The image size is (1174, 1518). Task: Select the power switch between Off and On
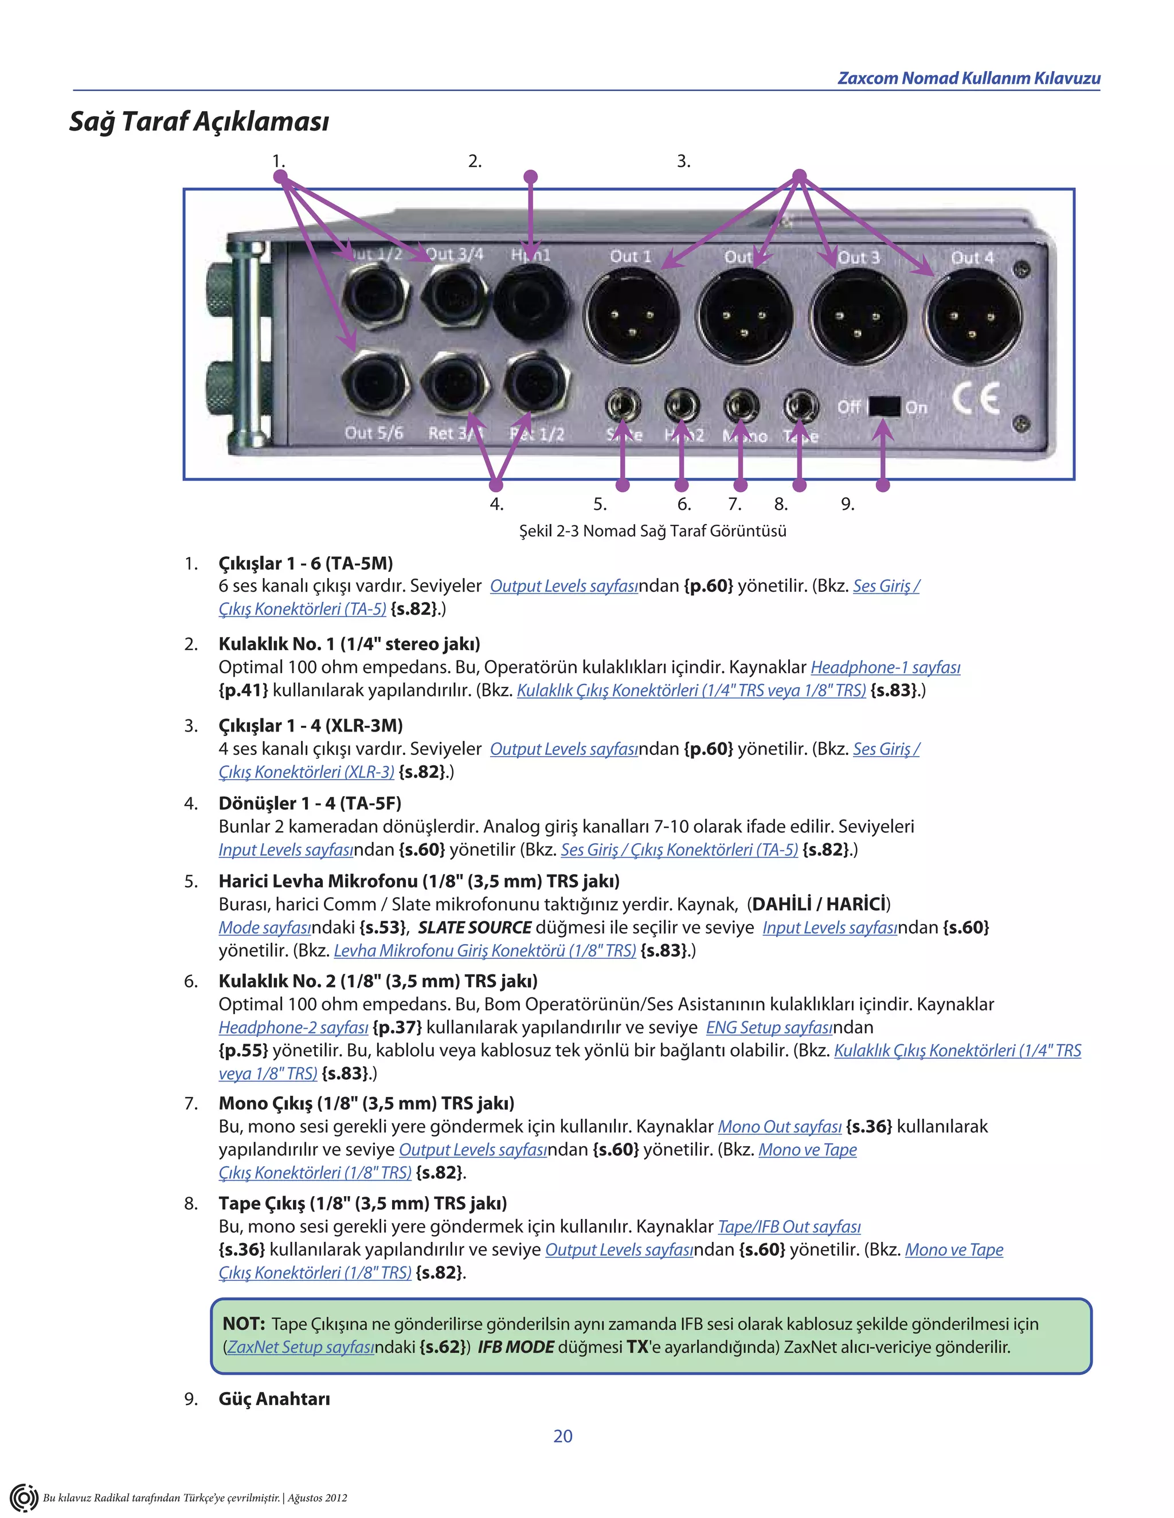click(x=884, y=407)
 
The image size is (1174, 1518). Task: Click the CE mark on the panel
click(x=976, y=398)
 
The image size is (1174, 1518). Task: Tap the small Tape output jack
click(x=800, y=406)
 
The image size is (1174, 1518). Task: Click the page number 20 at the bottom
click(x=563, y=1436)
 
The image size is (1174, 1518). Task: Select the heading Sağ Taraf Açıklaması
click(x=199, y=121)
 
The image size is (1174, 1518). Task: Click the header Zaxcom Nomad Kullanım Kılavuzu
click(x=968, y=78)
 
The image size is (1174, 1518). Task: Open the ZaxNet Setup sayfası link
click(x=300, y=1347)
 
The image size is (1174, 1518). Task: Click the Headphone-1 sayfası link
click(x=885, y=667)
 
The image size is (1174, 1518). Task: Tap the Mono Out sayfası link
click(x=779, y=1127)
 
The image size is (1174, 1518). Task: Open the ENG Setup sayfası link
click(x=769, y=1027)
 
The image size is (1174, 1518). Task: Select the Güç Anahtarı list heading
click(x=274, y=1399)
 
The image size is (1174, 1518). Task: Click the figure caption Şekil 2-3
click(x=652, y=531)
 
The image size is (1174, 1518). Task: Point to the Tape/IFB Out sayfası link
click(x=789, y=1227)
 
